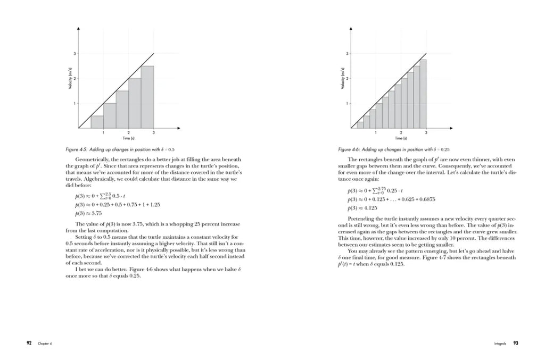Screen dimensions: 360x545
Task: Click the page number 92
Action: [30, 344]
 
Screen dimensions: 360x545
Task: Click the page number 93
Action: [516, 344]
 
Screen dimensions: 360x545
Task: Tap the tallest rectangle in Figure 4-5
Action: [147, 97]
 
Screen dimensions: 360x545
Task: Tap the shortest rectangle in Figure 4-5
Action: [97, 122]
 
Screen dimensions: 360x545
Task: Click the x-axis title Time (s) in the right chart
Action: [401, 138]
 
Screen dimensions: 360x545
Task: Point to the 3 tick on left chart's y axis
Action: [75, 54]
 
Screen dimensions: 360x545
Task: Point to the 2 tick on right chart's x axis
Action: [401, 132]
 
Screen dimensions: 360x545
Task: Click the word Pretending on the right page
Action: [361, 219]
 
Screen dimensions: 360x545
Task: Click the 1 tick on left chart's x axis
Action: [103, 132]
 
